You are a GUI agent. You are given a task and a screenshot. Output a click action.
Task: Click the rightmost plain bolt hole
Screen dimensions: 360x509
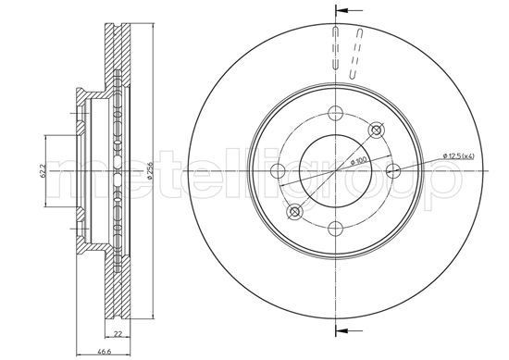[x=392, y=169]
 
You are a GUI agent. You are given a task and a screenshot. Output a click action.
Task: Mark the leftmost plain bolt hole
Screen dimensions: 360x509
[x=277, y=169]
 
